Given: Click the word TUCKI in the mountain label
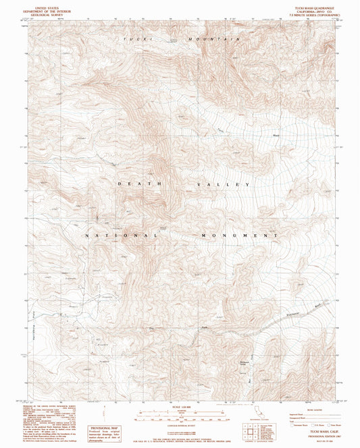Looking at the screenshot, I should click(x=134, y=40).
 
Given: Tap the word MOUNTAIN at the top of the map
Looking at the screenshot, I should click(x=217, y=40).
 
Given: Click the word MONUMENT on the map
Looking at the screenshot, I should click(x=239, y=235).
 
